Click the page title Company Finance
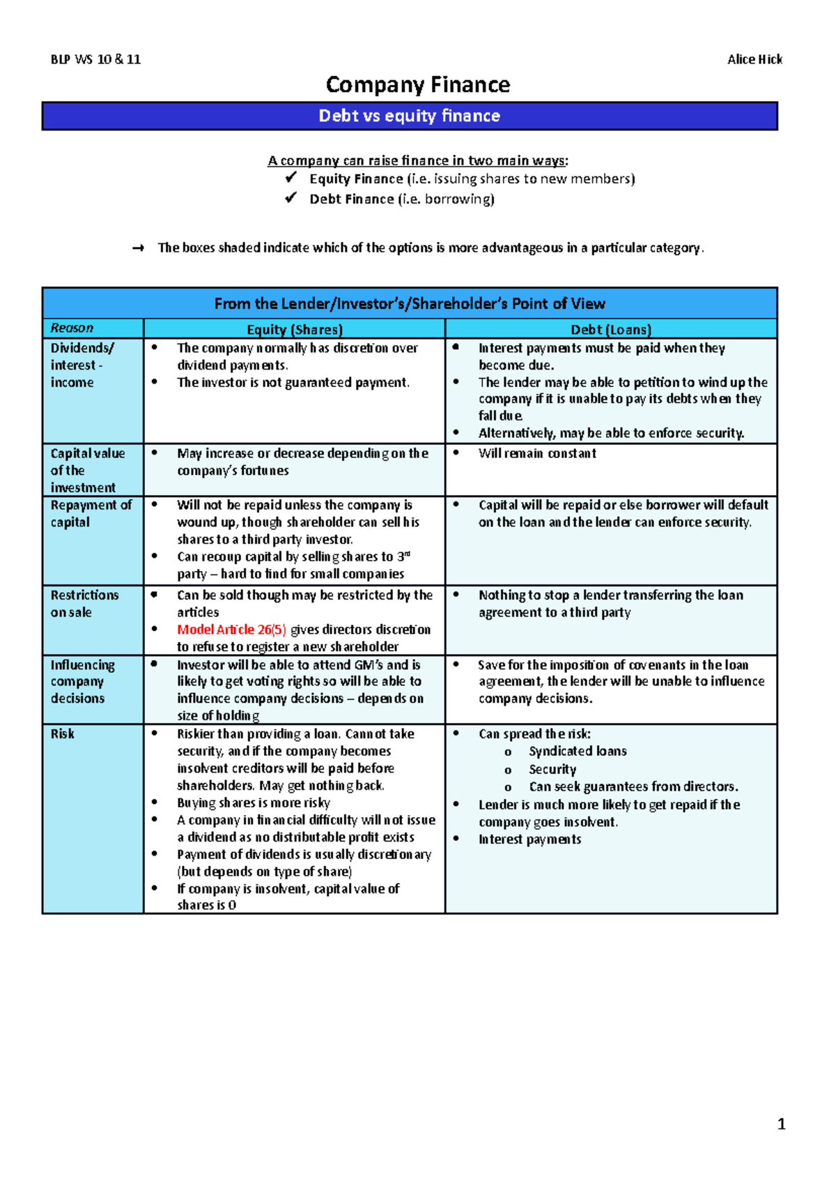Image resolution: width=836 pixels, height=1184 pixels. [418, 85]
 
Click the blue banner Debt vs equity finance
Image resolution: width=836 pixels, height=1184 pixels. [410, 116]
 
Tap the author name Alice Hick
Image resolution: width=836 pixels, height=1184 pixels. [754, 59]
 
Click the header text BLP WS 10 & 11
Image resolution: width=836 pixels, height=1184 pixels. [95, 59]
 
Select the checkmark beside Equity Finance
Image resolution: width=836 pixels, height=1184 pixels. [291, 179]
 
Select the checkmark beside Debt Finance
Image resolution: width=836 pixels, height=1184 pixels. [291, 199]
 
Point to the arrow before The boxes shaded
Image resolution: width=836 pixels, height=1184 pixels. [138, 248]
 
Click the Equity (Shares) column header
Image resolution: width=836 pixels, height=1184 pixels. [295, 329]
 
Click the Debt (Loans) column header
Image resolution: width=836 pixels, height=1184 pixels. [611, 329]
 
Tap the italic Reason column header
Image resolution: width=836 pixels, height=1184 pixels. [72, 328]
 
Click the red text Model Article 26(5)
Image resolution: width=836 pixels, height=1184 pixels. [231, 630]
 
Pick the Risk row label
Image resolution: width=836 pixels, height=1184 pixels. [63, 734]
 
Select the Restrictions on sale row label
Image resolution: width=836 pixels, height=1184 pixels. [84, 604]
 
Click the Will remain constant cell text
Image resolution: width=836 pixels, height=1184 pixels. [537, 453]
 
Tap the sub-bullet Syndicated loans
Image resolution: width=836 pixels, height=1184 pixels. [578, 751]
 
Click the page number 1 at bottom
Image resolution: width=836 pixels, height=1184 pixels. [781, 1124]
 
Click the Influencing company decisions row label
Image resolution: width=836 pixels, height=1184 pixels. [82, 681]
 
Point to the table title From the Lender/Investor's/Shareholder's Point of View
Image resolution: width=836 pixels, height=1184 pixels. [410, 303]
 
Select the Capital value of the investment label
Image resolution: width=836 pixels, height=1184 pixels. [87, 471]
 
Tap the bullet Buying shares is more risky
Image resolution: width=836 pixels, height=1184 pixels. [254, 803]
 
